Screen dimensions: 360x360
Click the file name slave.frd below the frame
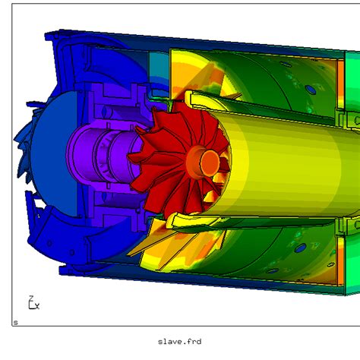point(179,342)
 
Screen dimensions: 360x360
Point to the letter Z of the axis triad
point(31,298)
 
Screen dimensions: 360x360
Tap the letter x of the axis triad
point(37,306)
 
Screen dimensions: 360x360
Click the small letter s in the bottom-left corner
point(16,323)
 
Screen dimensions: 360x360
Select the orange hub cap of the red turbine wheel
point(210,163)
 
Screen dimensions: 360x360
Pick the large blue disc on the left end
point(54,154)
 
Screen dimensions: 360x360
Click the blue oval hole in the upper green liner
point(311,90)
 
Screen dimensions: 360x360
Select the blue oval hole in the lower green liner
point(300,248)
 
